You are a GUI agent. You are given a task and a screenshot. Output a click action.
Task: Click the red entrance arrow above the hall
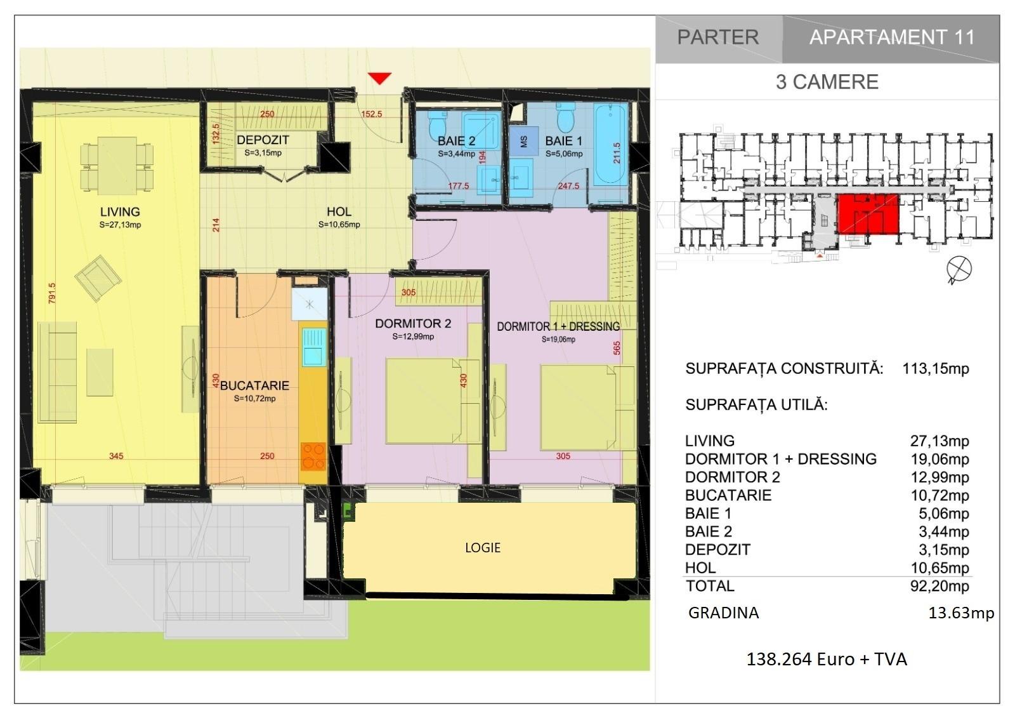pos(379,78)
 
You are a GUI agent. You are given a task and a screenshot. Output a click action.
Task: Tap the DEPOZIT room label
pos(263,140)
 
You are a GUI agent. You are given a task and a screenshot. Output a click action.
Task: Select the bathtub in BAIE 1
pos(611,144)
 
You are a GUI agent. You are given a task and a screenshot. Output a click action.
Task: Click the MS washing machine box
pos(524,141)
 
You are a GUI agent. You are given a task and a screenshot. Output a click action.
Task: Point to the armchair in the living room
pos(98,278)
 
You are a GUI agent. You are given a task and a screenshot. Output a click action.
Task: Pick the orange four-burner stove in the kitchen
pos(313,456)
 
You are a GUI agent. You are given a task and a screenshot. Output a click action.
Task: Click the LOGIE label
pos(483,548)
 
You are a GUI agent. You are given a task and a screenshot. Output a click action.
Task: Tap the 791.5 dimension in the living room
pos(51,293)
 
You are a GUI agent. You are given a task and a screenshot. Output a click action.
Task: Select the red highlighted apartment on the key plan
pos(867,214)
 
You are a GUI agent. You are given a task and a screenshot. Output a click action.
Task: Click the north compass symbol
pos(959,269)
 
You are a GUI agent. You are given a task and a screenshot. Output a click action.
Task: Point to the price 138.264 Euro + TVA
pos(827,659)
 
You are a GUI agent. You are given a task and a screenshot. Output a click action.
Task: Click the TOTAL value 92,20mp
pos(940,586)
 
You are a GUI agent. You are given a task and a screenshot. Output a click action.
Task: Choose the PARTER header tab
pos(718,37)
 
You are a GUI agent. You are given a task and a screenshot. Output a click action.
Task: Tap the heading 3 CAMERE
pos(827,82)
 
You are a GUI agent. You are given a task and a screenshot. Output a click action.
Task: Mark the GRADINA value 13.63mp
pos(961,613)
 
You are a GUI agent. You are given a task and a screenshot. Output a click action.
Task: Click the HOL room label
pos(339,211)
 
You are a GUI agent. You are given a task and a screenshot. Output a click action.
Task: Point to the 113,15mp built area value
pos(935,368)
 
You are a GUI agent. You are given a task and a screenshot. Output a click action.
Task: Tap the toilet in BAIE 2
pos(438,123)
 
